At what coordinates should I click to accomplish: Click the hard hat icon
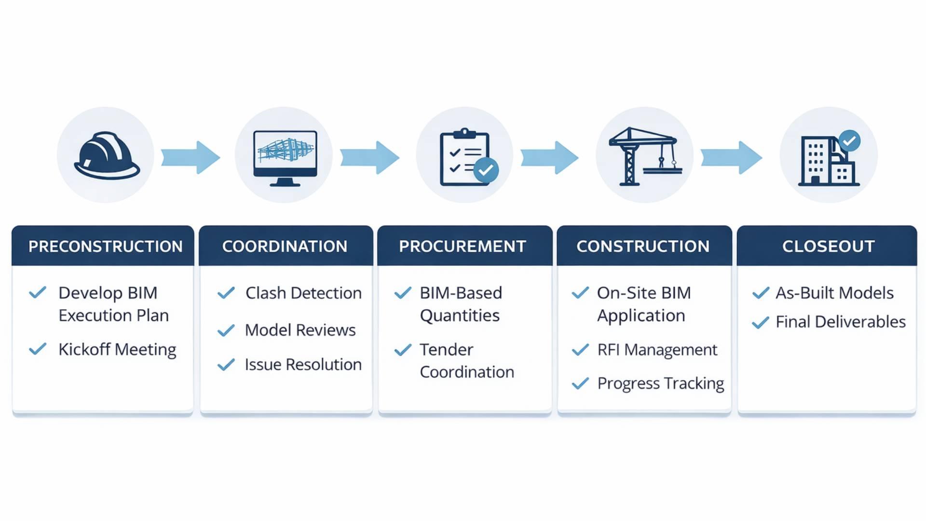point(107,155)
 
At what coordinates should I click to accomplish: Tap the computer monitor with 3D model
point(285,157)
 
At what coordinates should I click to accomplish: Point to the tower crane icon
point(644,156)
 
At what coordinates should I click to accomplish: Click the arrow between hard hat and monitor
point(191,157)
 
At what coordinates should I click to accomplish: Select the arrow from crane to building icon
point(731,157)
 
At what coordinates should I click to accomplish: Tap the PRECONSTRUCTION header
point(105,247)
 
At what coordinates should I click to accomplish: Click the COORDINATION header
point(285,247)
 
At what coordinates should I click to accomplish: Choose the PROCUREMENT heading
point(462,247)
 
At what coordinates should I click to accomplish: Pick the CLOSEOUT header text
point(828,247)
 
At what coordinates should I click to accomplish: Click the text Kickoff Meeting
point(117,350)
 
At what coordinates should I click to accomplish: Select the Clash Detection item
point(303,293)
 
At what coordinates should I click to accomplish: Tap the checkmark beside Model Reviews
point(226,330)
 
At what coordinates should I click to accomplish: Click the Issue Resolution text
point(303,365)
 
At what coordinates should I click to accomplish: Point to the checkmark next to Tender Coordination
point(403,350)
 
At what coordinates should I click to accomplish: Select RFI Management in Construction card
point(657,350)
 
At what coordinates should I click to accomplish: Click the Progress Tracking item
point(660,384)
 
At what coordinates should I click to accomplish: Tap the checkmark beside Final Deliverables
point(760,322)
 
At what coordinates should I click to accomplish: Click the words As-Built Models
point(834,293)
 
